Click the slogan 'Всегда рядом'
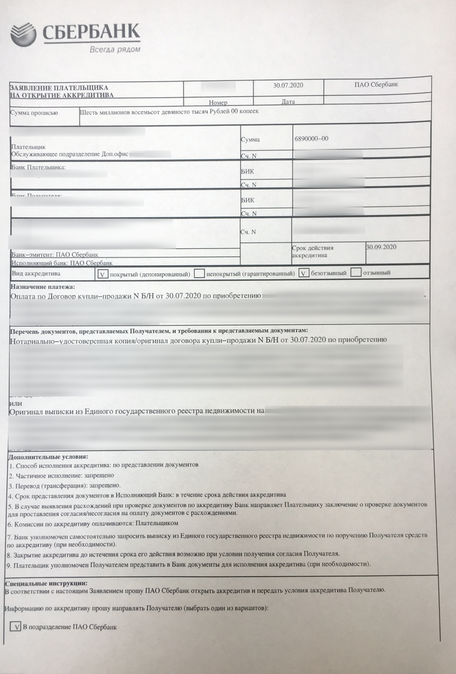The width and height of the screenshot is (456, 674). pos(114,50)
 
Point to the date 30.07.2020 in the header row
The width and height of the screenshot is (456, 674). pos(289,85)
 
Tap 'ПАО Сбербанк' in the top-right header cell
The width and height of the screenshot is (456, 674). pos(376,85)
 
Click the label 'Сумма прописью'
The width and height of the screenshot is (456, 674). pos(30,113)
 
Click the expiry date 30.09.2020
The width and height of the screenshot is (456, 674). pos(381,247)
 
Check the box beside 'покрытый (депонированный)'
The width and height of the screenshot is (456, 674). pos(102,274)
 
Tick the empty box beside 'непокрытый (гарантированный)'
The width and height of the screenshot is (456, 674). pos(199,274)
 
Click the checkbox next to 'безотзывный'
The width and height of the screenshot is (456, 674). pos(304,273)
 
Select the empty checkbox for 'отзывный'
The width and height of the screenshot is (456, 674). pos(356,272)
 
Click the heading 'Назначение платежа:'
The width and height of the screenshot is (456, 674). pos(43,286)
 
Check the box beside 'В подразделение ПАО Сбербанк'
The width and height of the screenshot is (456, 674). pos(16,626)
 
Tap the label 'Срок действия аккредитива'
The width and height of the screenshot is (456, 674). pos(313,252)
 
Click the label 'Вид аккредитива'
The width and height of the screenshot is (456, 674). pos(33,274)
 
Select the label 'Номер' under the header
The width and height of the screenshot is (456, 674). pos(218,103)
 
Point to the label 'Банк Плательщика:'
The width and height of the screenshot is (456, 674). pos(38,168)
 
